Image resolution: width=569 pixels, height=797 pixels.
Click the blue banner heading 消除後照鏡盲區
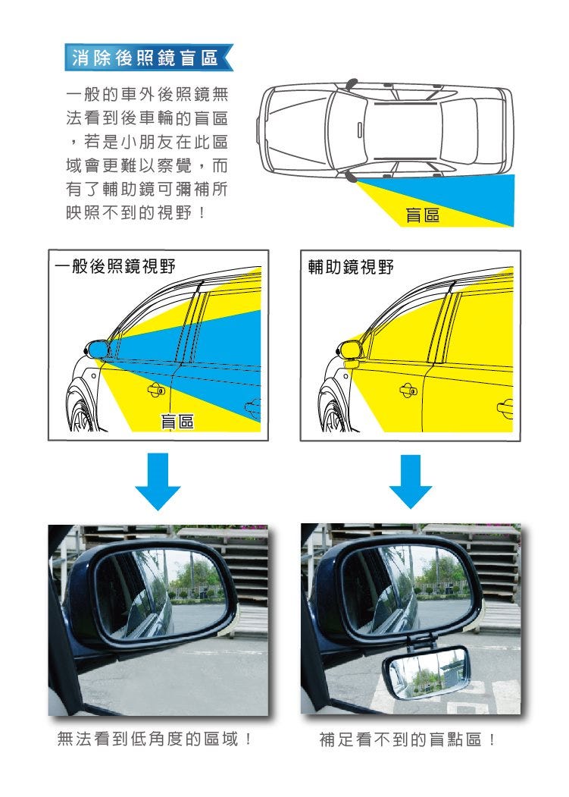pyautogui.click(x=149, y=58)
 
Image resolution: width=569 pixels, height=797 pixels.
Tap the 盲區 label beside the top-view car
pyautogui.click(x=422, y=215)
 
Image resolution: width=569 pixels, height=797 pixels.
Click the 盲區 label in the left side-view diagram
pyautogui.click(x=177, y=421)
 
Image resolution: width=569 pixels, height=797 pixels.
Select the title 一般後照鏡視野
pyautogui.click(x=115, y=266)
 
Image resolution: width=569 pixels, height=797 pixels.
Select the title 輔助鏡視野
pyautogui.click(x=351, y=266)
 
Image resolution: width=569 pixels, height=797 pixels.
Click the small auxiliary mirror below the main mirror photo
pyautogui.click(x=427, y=672)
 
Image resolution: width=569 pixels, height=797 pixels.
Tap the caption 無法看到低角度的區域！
pyautogui.click(x=155, y=739)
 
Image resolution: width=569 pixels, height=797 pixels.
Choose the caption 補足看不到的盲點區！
pyautogui.click(x=408, y=739)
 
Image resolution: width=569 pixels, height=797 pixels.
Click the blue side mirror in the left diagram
pyautogui.click(x=97, y=349)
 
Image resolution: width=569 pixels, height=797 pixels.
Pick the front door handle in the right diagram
pyautogui.click(x=408, y=390)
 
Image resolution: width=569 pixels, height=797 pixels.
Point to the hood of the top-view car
pyautogui.click(x=297, y=130)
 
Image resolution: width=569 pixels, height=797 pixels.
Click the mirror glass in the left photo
pyautogui.click(x=163, y=593)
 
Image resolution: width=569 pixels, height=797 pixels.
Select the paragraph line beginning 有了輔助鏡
pyautogui.click(x=147, y=189)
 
